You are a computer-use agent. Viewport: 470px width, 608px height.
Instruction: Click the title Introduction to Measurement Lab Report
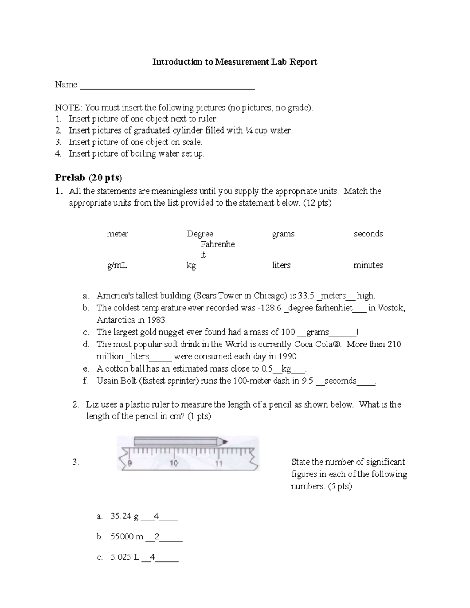(235, 62)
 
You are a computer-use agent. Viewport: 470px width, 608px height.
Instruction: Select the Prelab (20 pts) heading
(89, 178)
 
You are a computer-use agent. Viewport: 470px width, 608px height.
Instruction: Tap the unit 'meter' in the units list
(117, 234)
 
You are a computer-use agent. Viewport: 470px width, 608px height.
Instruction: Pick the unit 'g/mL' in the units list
(117, 265)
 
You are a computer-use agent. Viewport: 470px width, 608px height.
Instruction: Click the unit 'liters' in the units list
(281, 265)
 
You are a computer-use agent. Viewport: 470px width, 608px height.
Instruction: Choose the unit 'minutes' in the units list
(368, 265)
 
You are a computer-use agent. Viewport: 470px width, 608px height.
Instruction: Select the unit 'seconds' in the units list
(368, 234)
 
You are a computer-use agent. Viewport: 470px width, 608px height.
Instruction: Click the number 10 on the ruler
(174, 463)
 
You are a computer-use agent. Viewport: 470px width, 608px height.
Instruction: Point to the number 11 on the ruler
(219, 464)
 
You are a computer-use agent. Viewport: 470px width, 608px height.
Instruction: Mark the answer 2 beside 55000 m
(157, 537)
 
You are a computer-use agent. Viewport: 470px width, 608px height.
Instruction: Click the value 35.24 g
(125, 516)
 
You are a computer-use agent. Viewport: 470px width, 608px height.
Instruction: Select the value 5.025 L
(125, 557)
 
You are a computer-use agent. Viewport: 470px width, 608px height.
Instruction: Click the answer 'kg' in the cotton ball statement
(286, 368)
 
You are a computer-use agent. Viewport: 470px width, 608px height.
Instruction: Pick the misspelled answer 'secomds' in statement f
(340, 381)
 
